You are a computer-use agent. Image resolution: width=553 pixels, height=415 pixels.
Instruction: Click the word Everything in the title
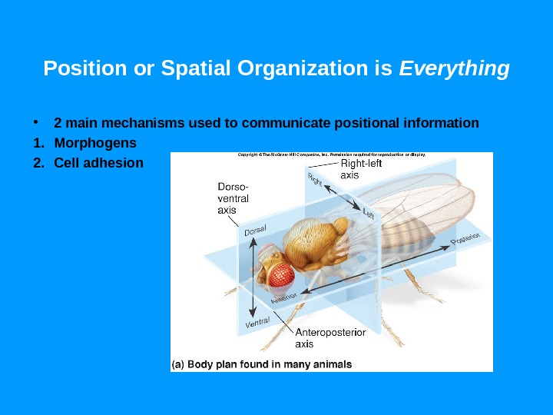pyautogui.click(x=455, y=70)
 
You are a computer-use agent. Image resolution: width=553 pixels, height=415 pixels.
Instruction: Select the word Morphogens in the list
pyautogui.click(x=95, y=143)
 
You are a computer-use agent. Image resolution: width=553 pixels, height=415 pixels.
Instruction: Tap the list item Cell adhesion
pyautogui.click(x=98, y=163)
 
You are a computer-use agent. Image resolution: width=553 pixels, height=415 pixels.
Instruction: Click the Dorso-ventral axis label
pyautogui.click(x=233, y=198)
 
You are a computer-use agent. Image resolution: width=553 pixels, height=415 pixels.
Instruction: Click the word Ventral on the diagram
pyautogui.click(x=259, y=324)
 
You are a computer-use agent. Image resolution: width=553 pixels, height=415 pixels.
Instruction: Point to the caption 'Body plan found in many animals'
pyautogui.click(x=261, y=364)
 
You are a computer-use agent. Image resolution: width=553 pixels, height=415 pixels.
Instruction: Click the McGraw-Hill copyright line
pyautogui.click(x=332, y=154)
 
